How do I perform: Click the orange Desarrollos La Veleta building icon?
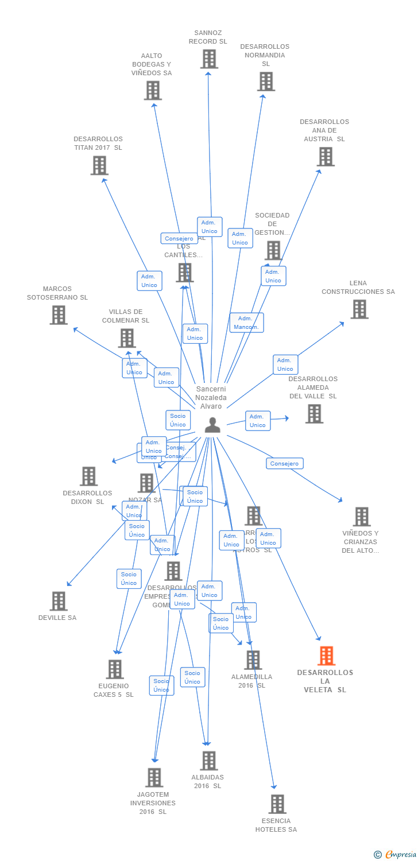coord(326,656)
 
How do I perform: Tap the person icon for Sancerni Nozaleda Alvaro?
coord(212,425)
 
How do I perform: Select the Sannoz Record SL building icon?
coord(209,59)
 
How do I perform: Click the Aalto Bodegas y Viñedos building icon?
coord(153,90)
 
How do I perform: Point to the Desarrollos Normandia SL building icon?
coord(266,82)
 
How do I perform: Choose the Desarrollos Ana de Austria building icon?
coord(326,156)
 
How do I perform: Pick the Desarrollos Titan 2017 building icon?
coord(99,165)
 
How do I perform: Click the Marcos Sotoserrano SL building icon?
coord(58,315)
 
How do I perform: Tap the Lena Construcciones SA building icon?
coord(359,309)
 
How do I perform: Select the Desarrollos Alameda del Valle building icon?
coord(314,413)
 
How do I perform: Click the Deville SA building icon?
coord(58,601)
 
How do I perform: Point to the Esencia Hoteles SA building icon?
coord(277,804)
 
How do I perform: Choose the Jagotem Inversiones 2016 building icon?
coord(154,778)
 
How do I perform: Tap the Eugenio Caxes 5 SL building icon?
coord(115,669)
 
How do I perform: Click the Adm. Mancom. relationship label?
coord(246,323)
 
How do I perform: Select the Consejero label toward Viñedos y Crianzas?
coord(285,463)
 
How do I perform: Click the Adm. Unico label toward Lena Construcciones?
coord(285,364)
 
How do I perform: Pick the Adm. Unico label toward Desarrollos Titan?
coord(149,281)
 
